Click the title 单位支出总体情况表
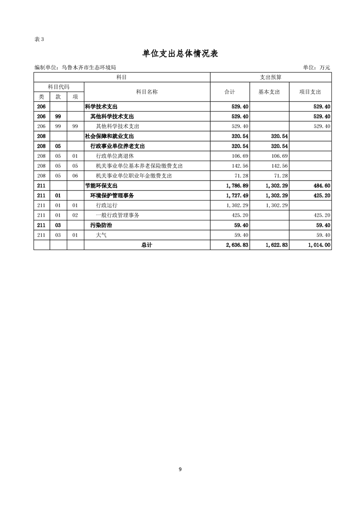click(x=180, y=54)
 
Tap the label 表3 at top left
click(x=39, y=39)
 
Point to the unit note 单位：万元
click(x=316, y=68)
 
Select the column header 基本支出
click(x=269, y=92)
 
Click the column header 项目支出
click(x=310, y=92)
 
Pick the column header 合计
click(x=230, y=92)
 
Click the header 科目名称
click(x=147, y=92)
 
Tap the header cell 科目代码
click(x=59, y=87)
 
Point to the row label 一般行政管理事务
click(x=118, y=215)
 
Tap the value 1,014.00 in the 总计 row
click(x=318, y=245)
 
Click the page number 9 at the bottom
click(x=180, y=470)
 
